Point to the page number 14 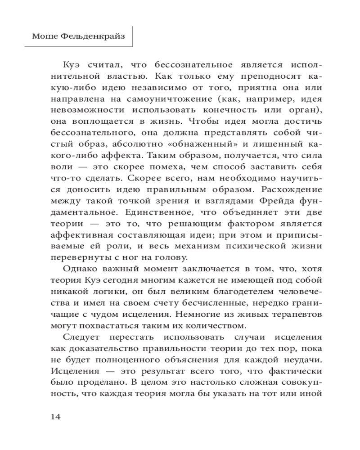pyautogui.click(x=55, y=416)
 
